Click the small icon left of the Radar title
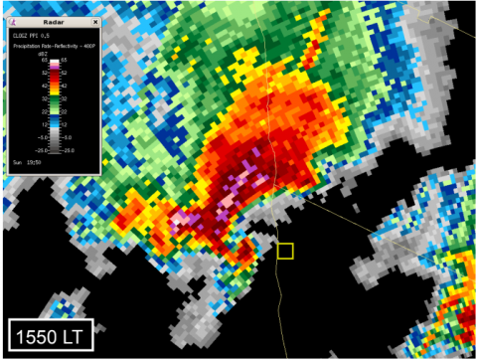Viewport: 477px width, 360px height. click(x=17, y=21)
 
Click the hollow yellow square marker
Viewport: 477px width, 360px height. click(x=285, y=251)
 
